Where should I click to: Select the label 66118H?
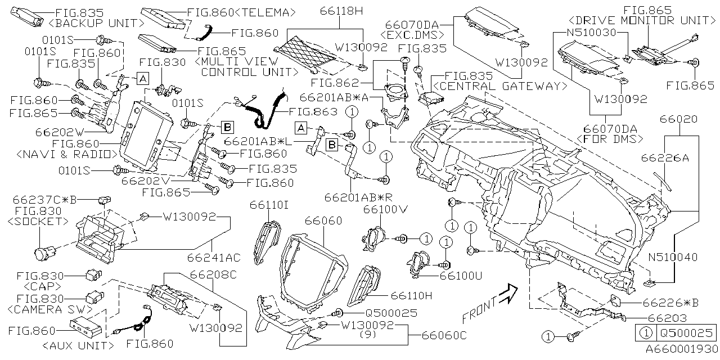click(x=342, y=10)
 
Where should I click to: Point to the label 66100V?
click(x=384, y=210)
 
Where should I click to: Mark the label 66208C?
click(x=197, y=276)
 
